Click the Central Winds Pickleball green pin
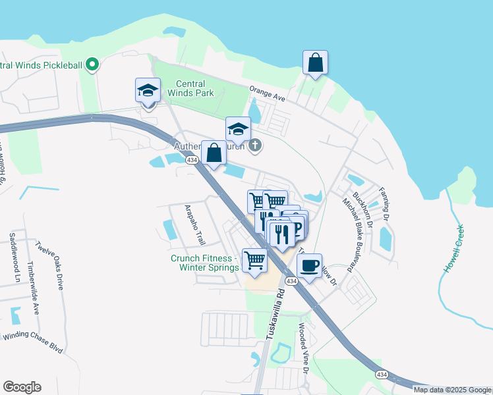(93, 65)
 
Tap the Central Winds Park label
(190, 89)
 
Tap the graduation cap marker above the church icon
(238, 129)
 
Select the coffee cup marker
(309, 265)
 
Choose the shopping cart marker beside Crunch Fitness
(254, 259)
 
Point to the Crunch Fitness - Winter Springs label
(205, 263)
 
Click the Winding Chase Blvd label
(33, 343)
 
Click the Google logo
(22, 386)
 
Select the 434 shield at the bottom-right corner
(382, 375)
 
